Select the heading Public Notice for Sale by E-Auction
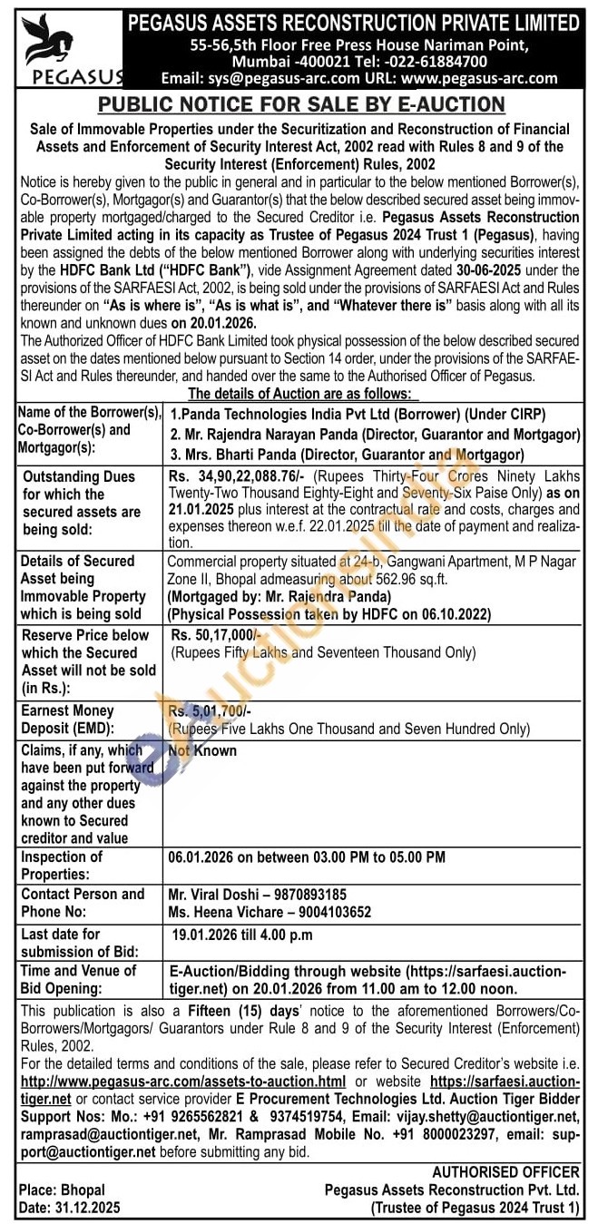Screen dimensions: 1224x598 pos(298,103)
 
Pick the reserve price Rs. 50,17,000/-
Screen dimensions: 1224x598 pos(215,635)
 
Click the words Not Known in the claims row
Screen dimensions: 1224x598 pos(202,750)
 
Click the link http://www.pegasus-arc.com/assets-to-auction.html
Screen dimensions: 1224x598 pos(183,1082)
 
